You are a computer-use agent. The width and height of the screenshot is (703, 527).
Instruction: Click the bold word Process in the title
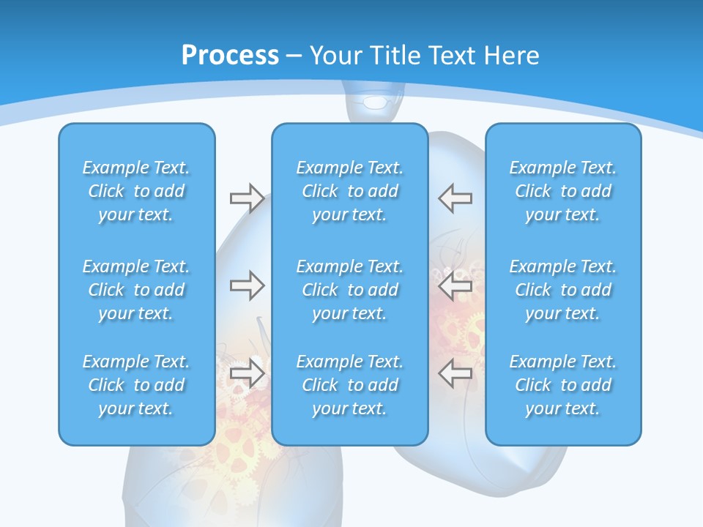[x=230, y=55]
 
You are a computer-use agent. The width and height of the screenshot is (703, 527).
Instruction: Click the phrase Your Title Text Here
[x=424, y=55]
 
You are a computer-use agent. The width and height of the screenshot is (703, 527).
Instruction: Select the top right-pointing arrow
[x=247, y=198]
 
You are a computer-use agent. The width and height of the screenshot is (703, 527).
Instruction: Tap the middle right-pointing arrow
[x=247, y=285]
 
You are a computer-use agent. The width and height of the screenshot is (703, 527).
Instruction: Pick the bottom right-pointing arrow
[x=247, y=373]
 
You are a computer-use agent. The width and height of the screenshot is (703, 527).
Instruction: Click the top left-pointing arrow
[x=455, y=198]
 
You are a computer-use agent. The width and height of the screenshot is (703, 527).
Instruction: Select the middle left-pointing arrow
[x=455, y=285]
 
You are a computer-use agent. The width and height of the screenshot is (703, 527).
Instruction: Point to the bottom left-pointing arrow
[x=455, y=373]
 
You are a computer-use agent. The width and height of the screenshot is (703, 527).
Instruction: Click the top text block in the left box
[x=136, y=191]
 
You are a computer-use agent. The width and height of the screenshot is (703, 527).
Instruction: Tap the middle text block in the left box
[x=136, y=290]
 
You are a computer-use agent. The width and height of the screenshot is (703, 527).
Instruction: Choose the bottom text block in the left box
[x=136, y=385]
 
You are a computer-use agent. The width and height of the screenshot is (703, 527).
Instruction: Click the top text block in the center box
[x=349, y=191]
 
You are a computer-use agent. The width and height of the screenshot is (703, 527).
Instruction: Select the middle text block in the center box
[x=349, y=290]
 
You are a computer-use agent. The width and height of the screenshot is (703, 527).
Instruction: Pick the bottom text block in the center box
[x=349, y=385]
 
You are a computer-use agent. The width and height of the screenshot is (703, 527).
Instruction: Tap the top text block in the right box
[x=562, y=191]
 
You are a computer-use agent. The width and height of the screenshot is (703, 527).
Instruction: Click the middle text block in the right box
[x=562, y=290]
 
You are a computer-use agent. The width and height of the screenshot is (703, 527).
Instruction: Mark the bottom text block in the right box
[x=562, y=385]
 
